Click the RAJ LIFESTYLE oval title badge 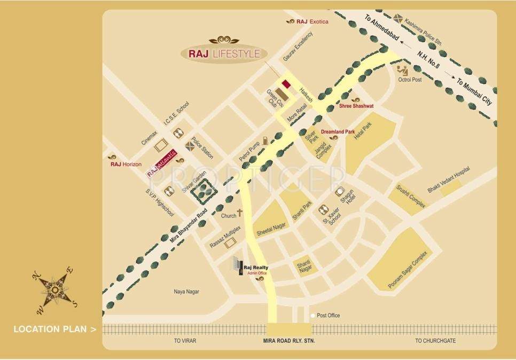click(x=224, y=53)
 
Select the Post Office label click(x=328, y=316)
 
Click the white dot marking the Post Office click(x=312, y=316)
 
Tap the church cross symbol click(x=240, y=213)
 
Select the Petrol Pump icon click(x=263, y=143)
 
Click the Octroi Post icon click(x=402, y=70)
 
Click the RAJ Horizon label click(x=126, y=165)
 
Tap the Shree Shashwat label click(x=356, y=106)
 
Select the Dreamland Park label click(x=338, y=131)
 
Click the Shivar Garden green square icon click(x=203, y=189)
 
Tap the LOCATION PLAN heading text click(x=52, y=329)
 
